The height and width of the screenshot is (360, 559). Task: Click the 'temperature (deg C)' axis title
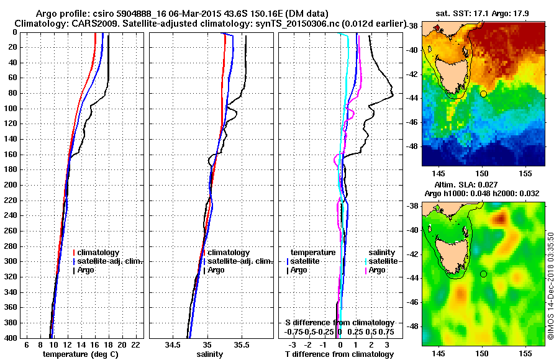pos(80,354)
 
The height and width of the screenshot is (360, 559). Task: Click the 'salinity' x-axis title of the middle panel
pos(211,354)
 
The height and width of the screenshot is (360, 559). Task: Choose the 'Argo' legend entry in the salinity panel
pos(217,271)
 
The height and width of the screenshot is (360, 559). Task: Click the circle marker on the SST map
pos(483,94)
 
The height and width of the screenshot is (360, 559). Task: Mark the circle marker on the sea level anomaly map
pos(483,274)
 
